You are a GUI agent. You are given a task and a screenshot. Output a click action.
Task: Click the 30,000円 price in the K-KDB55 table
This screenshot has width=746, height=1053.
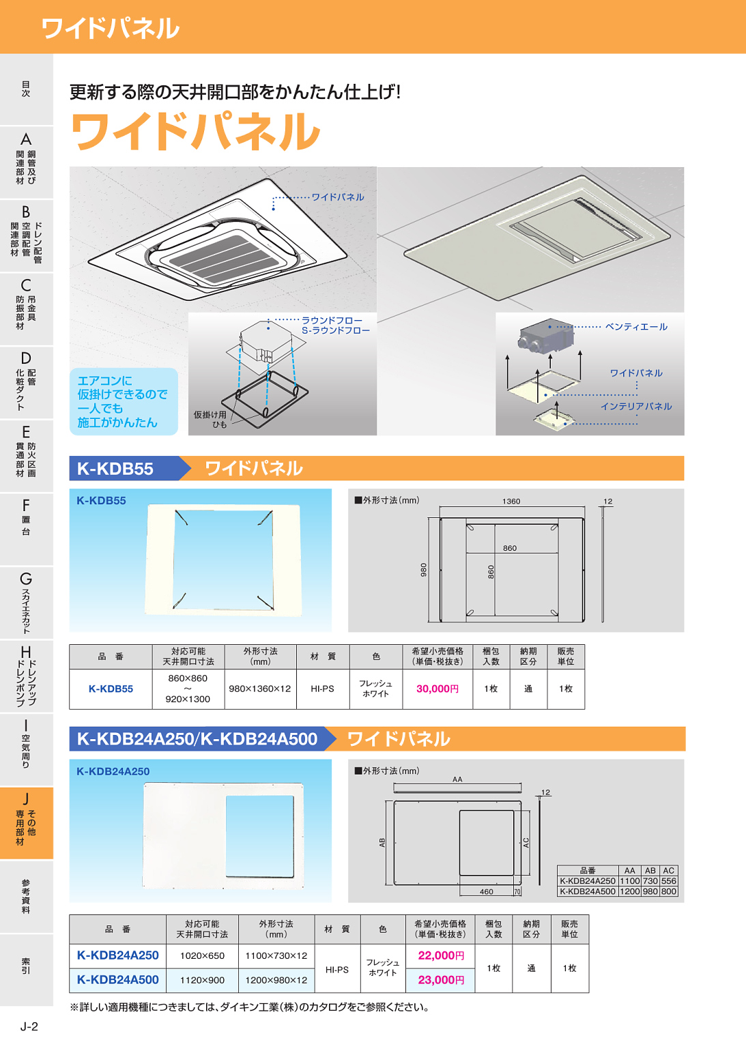tap(437, 689)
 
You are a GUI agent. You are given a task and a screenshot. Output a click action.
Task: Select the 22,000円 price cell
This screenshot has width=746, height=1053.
tap(441, 955)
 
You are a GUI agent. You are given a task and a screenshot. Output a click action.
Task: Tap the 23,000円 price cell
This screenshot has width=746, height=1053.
tap(441, 980)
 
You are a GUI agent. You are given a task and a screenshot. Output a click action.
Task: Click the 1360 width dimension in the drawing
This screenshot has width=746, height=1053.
tap(511, 501)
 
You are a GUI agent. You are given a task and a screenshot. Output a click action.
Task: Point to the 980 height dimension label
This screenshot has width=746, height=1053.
tap(423, 569)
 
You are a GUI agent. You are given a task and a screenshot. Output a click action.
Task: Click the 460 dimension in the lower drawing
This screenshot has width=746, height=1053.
tap(486, 891)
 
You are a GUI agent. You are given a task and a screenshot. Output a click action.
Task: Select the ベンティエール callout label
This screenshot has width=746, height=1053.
tap(635, 327)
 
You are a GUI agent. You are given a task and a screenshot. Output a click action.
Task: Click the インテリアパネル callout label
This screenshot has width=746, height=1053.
tap(635, 406)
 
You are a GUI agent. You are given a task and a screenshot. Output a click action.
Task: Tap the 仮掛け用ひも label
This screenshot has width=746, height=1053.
tap(210, 419)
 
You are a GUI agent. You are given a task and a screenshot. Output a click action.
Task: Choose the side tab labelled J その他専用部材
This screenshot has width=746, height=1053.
tap(26, 822)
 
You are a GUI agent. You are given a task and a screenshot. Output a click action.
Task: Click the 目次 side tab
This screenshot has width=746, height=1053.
tap(26, 89)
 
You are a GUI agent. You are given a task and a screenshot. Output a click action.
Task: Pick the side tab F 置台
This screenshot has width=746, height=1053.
tap(26, 517)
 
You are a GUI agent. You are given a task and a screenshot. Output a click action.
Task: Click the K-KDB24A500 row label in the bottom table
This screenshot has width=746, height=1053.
tap(117, 980)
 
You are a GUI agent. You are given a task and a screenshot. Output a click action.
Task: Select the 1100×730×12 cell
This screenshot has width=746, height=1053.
tap(276, 955)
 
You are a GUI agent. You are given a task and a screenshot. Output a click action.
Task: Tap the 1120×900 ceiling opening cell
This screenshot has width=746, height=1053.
tap(202, 980)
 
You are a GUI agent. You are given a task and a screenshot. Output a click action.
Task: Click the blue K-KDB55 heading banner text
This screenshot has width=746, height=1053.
tap(115, 469)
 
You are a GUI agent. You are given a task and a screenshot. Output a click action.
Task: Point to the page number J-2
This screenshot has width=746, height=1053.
tap(29, 1026)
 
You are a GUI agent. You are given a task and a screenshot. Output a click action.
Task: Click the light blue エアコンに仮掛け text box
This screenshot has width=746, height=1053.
tap(123, 401)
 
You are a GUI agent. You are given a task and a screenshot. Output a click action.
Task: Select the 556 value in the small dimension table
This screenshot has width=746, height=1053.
tap(668, 881)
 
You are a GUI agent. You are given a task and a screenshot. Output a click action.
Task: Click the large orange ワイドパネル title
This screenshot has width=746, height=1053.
tap(195, 132)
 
